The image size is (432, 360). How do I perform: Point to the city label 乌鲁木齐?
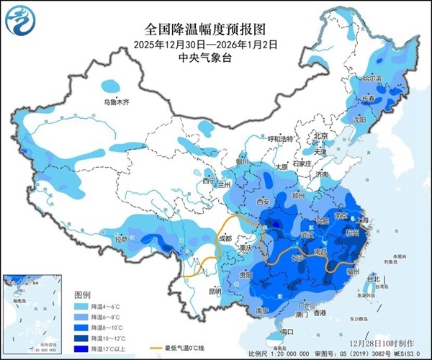[117, 103]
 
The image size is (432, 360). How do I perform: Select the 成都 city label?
[225, 238]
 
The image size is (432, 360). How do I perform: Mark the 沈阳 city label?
[360, 120]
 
